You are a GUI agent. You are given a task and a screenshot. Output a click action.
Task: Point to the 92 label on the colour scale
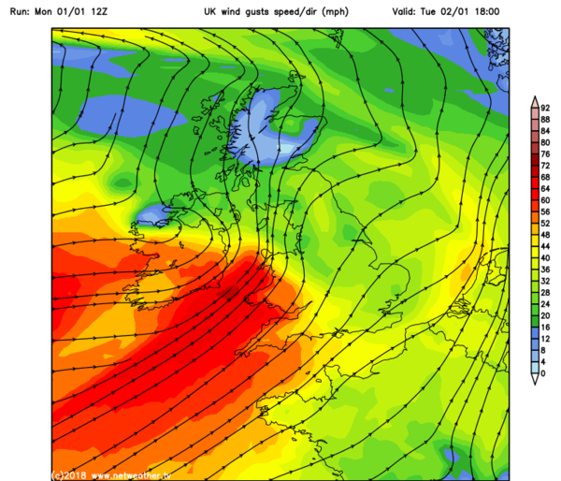point(545,108)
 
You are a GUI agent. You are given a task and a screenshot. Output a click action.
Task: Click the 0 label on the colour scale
point(542,373)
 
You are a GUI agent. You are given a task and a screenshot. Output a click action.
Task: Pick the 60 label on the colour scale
point(545,200)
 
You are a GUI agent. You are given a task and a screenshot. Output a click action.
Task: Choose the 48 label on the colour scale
point(545,235)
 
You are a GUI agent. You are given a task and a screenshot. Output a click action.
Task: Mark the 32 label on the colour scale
point(545,281)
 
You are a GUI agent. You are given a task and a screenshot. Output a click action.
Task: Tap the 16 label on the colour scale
point(545,328)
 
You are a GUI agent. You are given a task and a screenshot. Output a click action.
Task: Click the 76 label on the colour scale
point(545,153)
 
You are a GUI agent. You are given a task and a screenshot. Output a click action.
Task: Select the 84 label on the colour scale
point(545,131)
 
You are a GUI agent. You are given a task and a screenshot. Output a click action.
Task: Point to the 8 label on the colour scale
point(542,350)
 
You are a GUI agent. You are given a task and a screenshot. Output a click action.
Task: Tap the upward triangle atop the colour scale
point(533,100)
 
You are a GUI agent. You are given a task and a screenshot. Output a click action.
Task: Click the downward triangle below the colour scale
point(533,379)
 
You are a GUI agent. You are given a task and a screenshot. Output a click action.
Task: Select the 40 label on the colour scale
point(545,257)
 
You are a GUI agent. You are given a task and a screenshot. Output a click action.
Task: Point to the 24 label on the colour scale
point(545,304)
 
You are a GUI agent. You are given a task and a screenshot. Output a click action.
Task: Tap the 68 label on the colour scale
point(545,177)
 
